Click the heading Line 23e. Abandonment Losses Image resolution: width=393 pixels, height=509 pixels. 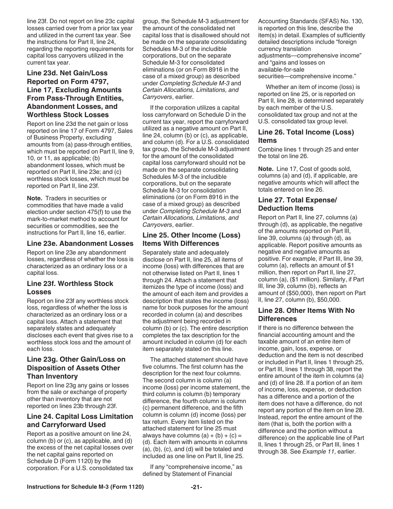pyautogui.click(x=80, y=244)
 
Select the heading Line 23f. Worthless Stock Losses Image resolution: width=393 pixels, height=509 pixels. pyautogui.click(x=70, y=288)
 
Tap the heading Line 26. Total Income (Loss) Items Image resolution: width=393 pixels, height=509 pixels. pyautogui.click(x=306, y=136)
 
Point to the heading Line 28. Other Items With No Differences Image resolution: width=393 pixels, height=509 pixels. pyautogui.click(x=306, y=315)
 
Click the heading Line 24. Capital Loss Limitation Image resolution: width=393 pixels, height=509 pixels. pyautogui.click(x=80, y=420)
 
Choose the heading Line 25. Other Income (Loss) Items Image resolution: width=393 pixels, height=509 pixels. pyautogui.click(x=191, y=239)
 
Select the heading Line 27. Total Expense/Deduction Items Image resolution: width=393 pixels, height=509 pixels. pyautogui.click(x=297, y=204)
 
